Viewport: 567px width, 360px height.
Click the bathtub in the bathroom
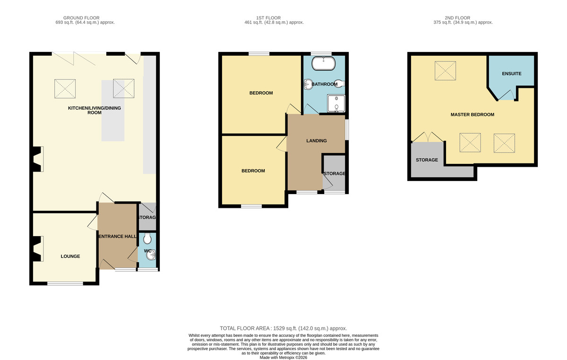click(x=323, y=63)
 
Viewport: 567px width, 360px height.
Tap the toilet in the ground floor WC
click(x=147, y=238)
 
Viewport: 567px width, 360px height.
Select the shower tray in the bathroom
click(x=336, y=103)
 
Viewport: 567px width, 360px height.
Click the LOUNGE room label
click(x=70, y=256)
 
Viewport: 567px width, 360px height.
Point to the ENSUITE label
click(x=512, y=74)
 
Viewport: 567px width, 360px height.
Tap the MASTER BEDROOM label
click(x=472, y=115)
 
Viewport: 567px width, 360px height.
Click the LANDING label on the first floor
click(x=317, y=141)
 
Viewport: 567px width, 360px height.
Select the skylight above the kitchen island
click(x=123, y=88)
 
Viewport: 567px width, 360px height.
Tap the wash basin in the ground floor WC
click(x=151, y=255)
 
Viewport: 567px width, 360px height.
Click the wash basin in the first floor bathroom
click(x=308, y=84)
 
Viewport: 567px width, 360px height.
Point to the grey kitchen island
click(x=113, y=111)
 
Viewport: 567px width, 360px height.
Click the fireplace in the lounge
click(x=37, y=249)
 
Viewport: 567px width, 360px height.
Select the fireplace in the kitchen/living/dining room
click(x=37, y=159)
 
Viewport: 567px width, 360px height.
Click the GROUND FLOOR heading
click(x=81, y=18)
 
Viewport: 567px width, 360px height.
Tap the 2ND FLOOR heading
click(x=457, y=18)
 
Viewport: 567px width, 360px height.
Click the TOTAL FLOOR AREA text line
click(x=283, y=328)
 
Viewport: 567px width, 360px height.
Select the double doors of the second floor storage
click(x=428, y=137)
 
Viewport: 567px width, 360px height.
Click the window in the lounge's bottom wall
click(x=65, y=283)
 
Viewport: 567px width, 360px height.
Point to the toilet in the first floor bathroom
click(x=339, y=84)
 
